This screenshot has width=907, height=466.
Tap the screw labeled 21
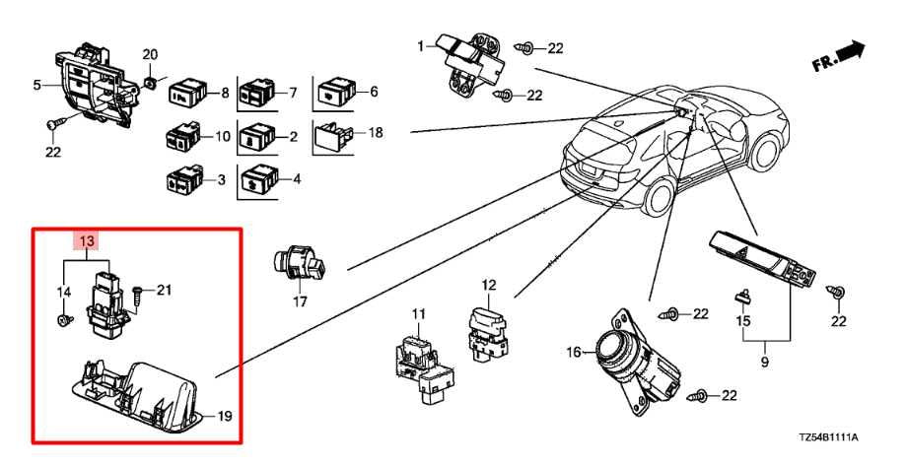[137, 291]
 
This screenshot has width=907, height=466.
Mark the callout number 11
[418, 315]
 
